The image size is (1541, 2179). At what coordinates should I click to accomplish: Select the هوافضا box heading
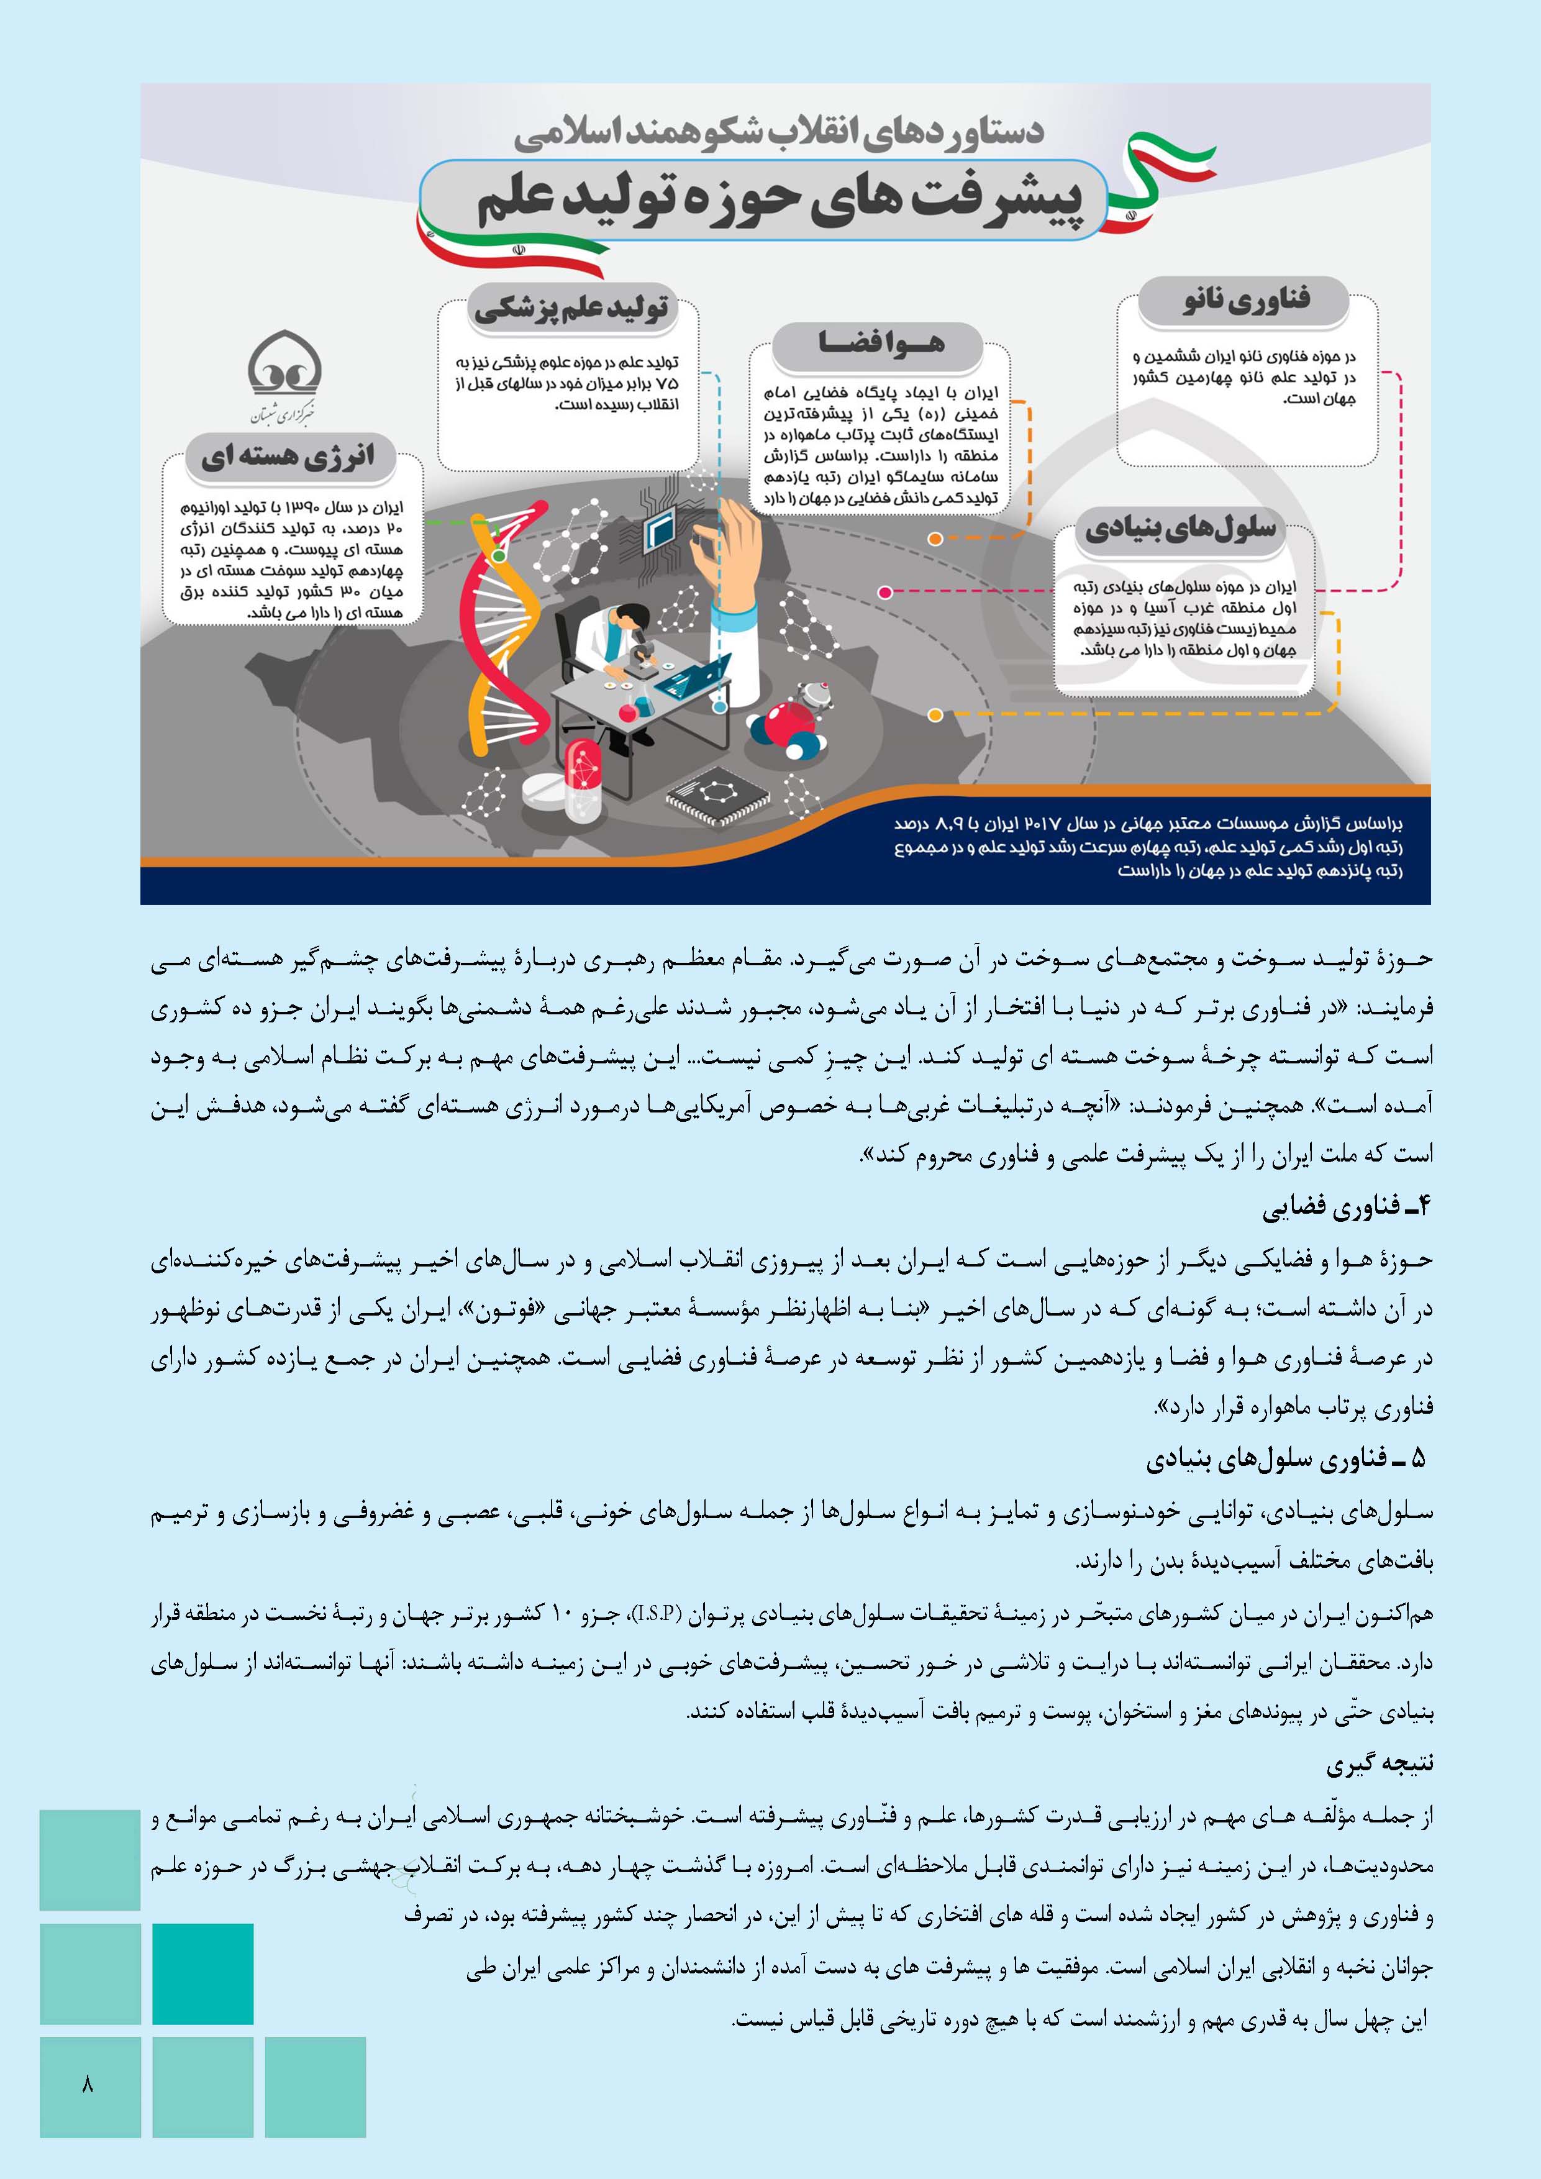pyautogui.click(x=881, y=343)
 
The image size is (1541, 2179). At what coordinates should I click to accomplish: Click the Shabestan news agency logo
pyautogui.click(x=284, y=377)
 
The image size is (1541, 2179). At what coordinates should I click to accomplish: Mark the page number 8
pyautogui.click(x=88, y=2085)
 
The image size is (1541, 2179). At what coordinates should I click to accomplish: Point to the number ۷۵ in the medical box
pyautogui.click(x=668, y=383)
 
